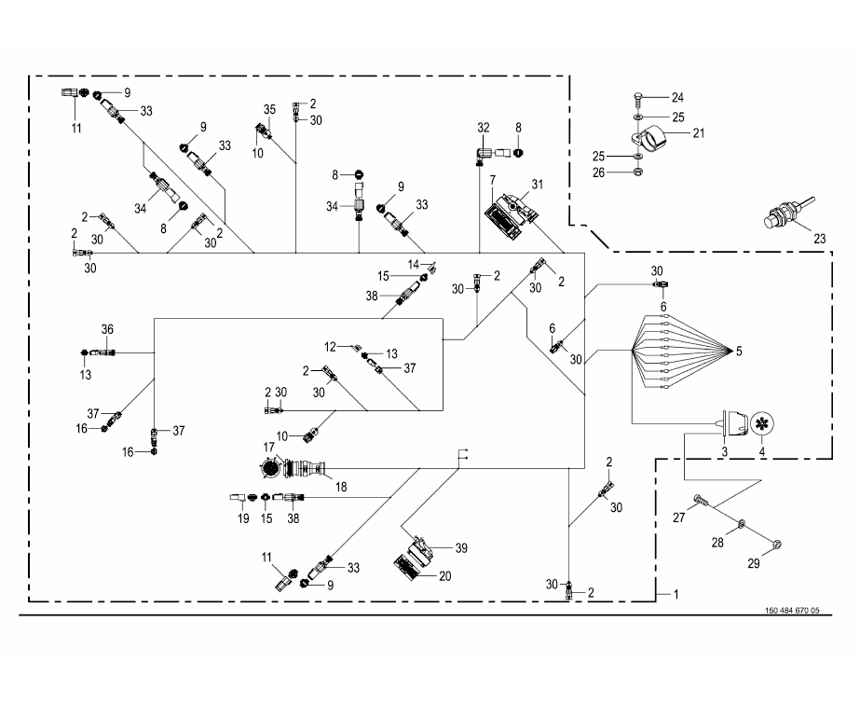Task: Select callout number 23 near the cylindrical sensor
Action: click(x=819, y=239)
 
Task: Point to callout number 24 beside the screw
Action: click(x=678, y=98)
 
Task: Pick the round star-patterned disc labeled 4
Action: click(x=761, y=423)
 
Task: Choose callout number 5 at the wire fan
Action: click(x=739, y=352)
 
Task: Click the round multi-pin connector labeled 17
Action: click(x=269, y=468)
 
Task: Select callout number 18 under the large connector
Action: click(x=341, y=488)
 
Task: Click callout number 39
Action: click(x=462, y=548)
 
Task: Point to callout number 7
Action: click(x=493, y=181)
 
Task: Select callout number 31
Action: click(x=538, y=185)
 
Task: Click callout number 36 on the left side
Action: click(x=107, y=329)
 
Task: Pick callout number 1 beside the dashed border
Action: click(x=676, y=594)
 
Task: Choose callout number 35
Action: click(x=269, y=109)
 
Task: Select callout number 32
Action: click(x=484, y=128)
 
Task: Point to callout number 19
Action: click(x=243, y=518)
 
